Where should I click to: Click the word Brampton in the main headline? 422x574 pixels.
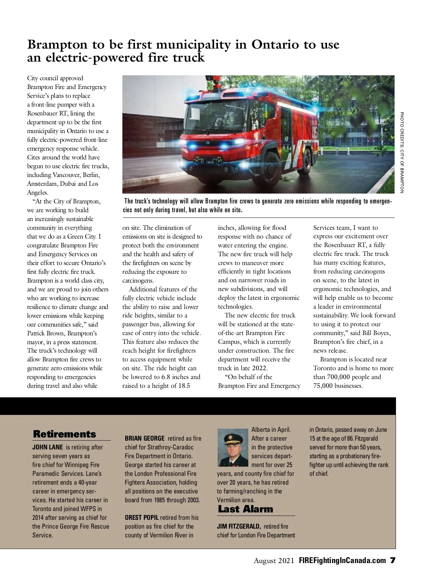[x=57, y=45]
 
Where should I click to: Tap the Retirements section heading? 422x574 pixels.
[x=64, y=434]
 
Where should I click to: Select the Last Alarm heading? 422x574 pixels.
[x=245, y=509]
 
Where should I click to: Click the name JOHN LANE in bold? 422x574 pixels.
[x=47, y=447]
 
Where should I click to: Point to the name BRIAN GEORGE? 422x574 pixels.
[x=145, y=439]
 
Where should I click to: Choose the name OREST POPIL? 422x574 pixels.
[x=142, y=518]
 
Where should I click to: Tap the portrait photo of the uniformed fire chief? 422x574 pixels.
[x=232, y=447]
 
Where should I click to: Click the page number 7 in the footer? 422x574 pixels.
[x=392, y=561]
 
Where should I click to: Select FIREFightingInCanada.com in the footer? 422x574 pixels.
[x=342, y=561]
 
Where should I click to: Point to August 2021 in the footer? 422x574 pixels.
[x=274, y=561]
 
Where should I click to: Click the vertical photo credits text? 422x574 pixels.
[x=402, y=152]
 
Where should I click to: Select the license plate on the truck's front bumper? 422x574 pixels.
[x=207, y=162]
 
